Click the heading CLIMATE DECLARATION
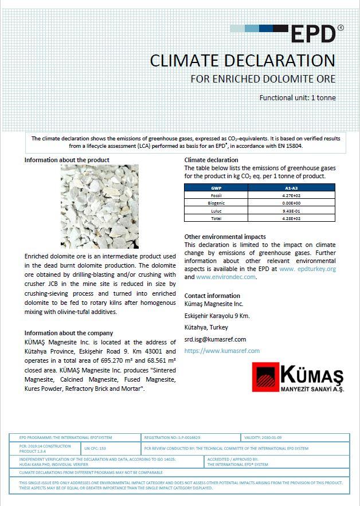point(242,60)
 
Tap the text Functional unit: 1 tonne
point(298,97)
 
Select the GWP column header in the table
point(216,187)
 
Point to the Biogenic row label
point(216,203)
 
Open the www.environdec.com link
point(225,277)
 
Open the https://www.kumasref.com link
point(222,351)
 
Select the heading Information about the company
point(69,333)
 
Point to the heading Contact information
point(212,296)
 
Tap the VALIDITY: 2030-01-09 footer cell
point(269,437)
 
